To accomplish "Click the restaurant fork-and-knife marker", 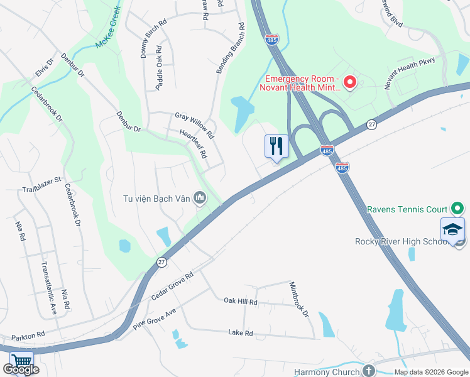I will pos(276,147).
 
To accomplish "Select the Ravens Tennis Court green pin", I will pos(457,209).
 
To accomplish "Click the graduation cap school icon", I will pos(452,230).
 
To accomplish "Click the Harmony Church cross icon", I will pos(368,371).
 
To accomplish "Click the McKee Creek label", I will pos(107,38).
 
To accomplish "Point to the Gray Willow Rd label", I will pos(195,126).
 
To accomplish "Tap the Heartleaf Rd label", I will pos(193,144).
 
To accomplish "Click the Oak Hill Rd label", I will pos(241,302).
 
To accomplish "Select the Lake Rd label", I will pos(240,333).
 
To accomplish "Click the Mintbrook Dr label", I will pos(299,298).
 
